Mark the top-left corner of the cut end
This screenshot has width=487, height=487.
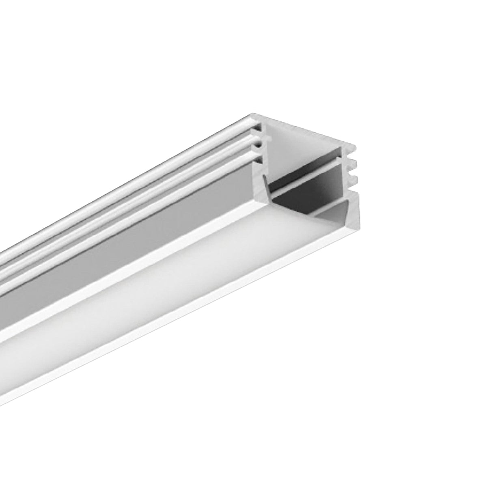tap(252, 114)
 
